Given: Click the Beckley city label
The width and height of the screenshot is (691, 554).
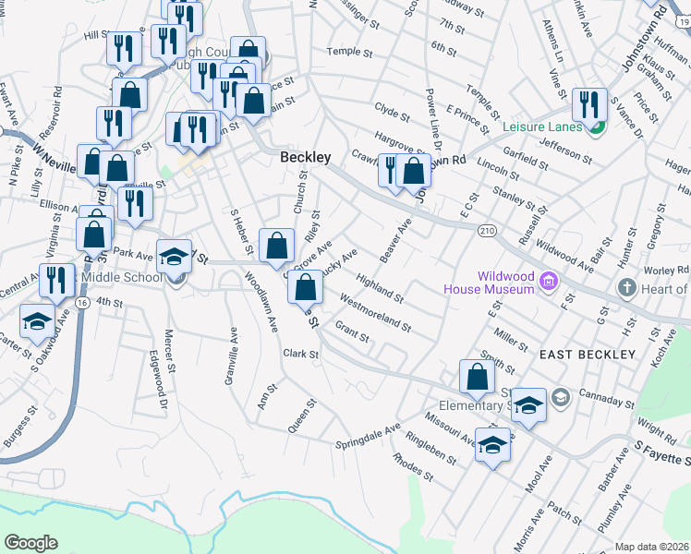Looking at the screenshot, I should pos(305,158).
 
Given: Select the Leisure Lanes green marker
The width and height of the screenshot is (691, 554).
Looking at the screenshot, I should pos(597,126).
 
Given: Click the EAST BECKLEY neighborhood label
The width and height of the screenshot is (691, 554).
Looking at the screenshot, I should pos(588,355).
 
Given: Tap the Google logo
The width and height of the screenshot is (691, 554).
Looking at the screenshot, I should pos(30,543).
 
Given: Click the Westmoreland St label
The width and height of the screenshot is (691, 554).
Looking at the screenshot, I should pos(374,311).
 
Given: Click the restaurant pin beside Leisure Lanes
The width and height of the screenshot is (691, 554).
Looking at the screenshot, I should pos(587,103).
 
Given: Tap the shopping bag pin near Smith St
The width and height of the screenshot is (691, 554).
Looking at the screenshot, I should pos(476,376).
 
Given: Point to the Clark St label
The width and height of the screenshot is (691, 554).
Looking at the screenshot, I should pos(300,354).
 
